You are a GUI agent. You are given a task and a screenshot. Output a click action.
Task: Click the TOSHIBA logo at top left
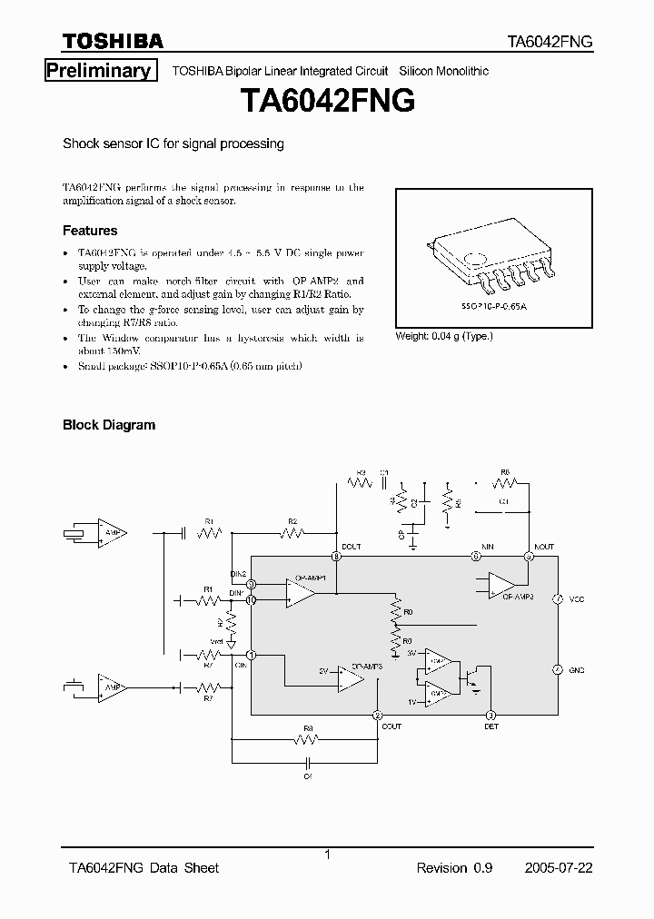(113, 41)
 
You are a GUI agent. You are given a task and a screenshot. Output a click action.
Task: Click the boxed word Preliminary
(98, 71)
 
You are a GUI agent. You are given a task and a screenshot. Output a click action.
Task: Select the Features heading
(90, 231)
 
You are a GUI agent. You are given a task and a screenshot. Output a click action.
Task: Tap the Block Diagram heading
(108, 424)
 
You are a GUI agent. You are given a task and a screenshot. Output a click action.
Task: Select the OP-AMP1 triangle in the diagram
(300, 593)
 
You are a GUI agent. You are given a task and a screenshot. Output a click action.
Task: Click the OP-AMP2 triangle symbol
(500, 586)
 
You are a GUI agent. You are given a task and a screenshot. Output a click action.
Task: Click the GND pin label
(577, 669)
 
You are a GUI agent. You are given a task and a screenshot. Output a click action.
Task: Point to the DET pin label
(490, 726)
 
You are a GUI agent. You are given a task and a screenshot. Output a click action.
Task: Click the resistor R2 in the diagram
(292, 534)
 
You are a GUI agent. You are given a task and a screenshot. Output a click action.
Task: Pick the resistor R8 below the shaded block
(308, 740)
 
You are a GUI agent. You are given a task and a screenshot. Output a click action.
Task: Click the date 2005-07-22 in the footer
(559, 868)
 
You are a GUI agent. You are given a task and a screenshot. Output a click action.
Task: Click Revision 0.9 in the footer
(454, 868)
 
